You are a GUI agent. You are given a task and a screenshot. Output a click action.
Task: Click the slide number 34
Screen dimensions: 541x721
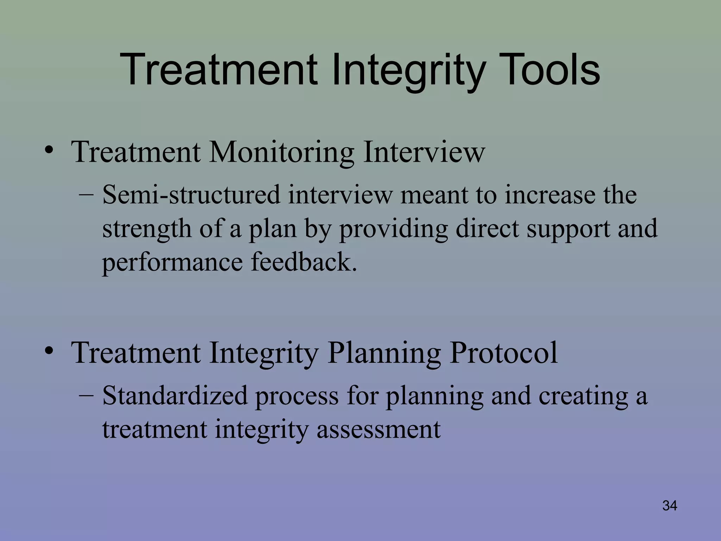[x=670, y=506]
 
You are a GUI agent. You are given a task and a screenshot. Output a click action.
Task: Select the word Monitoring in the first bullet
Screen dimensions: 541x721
[x=281, y=152]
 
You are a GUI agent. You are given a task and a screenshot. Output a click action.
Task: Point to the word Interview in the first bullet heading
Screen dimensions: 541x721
[x=424, y=152]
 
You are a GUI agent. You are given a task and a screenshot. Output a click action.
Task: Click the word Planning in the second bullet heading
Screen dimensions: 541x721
[x=384, y=353]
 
